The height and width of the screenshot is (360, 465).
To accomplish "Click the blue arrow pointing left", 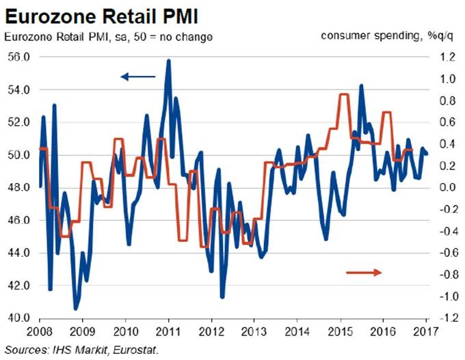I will coord(138,77).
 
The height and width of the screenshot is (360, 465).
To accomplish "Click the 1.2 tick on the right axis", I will coord(440,57).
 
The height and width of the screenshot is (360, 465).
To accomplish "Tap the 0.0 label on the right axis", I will coord(440,187).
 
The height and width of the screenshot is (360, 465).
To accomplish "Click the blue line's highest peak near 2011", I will coord(168,61).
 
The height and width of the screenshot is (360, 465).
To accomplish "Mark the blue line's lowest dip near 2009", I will coord(76,308).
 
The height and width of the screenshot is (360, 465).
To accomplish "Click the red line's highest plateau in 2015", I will coord(344,94).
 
